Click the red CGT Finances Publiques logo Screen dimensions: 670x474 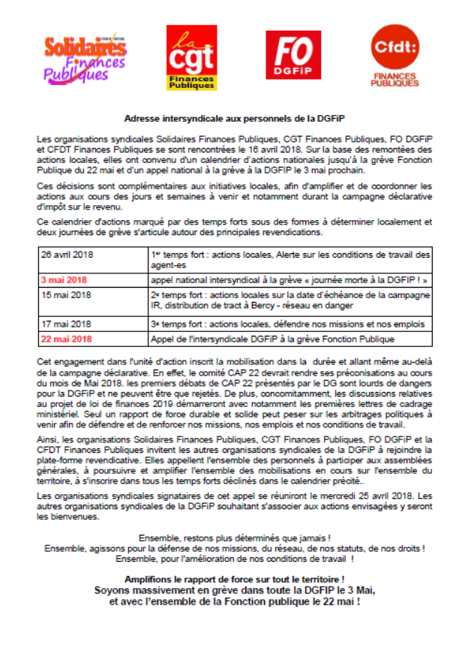(x=189, y=57)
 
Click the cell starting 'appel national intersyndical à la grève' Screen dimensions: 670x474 (x=289, y=280)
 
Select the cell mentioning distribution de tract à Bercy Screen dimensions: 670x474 (x=289, y=306)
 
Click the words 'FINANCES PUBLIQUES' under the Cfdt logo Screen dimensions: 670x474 (x=395, y=80)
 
